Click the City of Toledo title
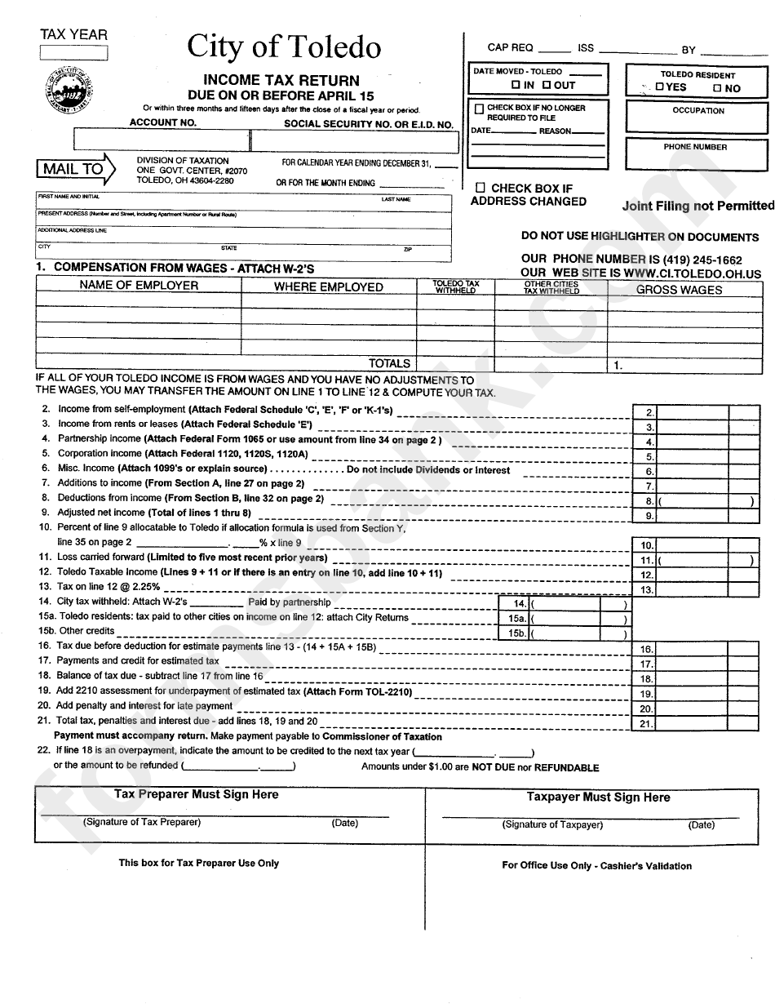(x=283, y=47)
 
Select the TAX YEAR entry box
(x=73, y=52)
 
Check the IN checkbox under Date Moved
(x=515, y=85)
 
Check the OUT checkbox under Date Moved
(x=547, y=85)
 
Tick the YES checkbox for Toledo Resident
(x=659, y=87)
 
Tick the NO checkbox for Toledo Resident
(x=716, y=88)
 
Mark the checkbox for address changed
(x=480, y=188)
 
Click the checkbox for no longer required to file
(x=479, y=108)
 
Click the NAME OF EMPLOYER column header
(x=139, y=286)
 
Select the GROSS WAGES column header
(x=679, y=290)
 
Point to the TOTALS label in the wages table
(x=389, y=363)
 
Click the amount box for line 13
(x=693, y=589)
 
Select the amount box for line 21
(x=693, y=723)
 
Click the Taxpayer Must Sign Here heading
(x=598, y=797)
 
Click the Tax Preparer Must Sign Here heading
(x=196, y=794)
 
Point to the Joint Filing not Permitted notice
(x=697, y=206)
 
